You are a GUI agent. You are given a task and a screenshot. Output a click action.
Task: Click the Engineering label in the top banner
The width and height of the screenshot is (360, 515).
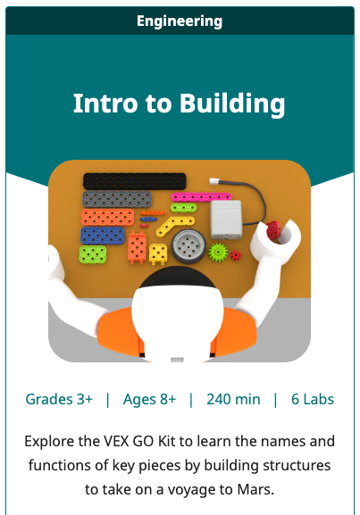(180, 21)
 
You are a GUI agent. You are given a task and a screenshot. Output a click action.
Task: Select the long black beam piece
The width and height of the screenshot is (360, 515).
(134, 181)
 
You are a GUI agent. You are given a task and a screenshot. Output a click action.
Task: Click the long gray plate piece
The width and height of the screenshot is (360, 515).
(121, 199)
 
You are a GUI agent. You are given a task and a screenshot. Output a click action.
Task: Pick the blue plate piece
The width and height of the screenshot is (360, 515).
(103, 236)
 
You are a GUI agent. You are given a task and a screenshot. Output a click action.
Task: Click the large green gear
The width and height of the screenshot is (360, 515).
(217, 252)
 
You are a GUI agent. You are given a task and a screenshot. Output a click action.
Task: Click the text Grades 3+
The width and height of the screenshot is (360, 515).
(59, 399)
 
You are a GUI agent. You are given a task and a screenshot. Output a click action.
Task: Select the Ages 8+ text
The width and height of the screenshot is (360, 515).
(149, 399)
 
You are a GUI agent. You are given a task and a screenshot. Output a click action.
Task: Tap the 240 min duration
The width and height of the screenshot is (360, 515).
(233, 399)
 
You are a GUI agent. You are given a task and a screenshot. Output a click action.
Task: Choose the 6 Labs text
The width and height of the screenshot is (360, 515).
(313, 399)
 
